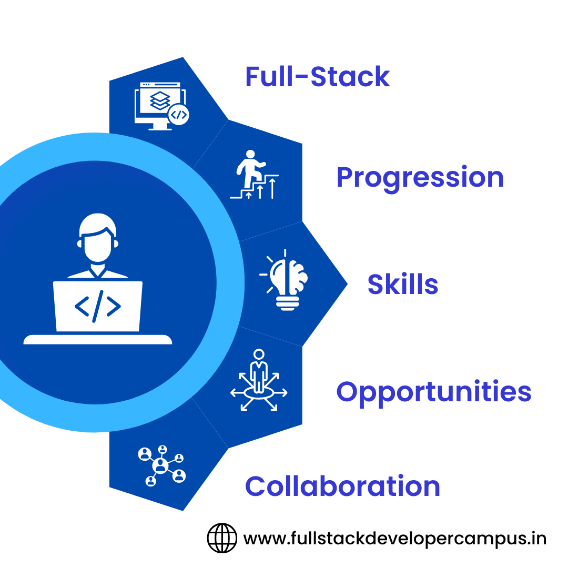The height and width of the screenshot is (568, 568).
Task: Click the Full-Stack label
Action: pos(317,77)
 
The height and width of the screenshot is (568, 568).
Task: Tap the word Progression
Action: pos(420,178)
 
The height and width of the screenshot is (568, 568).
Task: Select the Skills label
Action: pos(403,284)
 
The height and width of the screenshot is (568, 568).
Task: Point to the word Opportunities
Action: pos(433,393)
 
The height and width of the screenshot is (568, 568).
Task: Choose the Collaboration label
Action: pos(343,486)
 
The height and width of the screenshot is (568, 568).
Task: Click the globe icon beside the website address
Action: pos(222,539)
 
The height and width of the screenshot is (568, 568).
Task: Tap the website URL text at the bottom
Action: pos(395,539)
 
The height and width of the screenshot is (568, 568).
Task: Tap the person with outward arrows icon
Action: pos(259,380)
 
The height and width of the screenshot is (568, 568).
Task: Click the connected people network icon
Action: pos(162,466)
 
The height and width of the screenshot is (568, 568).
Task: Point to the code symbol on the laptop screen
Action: pos(97,307)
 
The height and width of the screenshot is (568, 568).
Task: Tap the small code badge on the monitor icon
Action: pos(179,115)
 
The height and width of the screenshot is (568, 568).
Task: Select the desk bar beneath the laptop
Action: pos(97,339)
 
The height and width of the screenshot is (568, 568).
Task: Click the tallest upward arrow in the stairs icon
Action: pos(272,188)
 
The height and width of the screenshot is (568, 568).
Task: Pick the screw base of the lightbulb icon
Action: pos(288,303)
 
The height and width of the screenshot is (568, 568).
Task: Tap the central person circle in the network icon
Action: pos(160,466)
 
